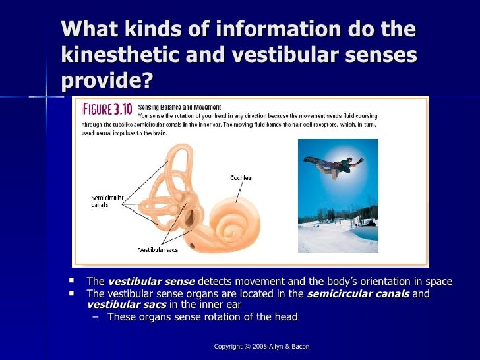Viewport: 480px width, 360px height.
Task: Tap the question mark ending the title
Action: click(x=146, y=80)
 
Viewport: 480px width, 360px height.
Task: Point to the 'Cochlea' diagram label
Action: click(x=240, y=178)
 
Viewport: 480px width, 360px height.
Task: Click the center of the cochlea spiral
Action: click(x=231, y=232)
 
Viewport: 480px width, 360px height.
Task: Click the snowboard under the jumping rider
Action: click(x=321, y=162)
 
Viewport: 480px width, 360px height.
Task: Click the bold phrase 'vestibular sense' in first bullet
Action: click(x=151, y=282)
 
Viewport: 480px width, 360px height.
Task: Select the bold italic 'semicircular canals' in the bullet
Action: click(x=359, y=293)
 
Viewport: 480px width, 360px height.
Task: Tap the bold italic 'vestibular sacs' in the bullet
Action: click(x=126, y=305)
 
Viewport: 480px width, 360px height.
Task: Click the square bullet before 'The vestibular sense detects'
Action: click(x=72, y=281)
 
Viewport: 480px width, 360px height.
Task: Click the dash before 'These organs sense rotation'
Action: click(x=98, y=317)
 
